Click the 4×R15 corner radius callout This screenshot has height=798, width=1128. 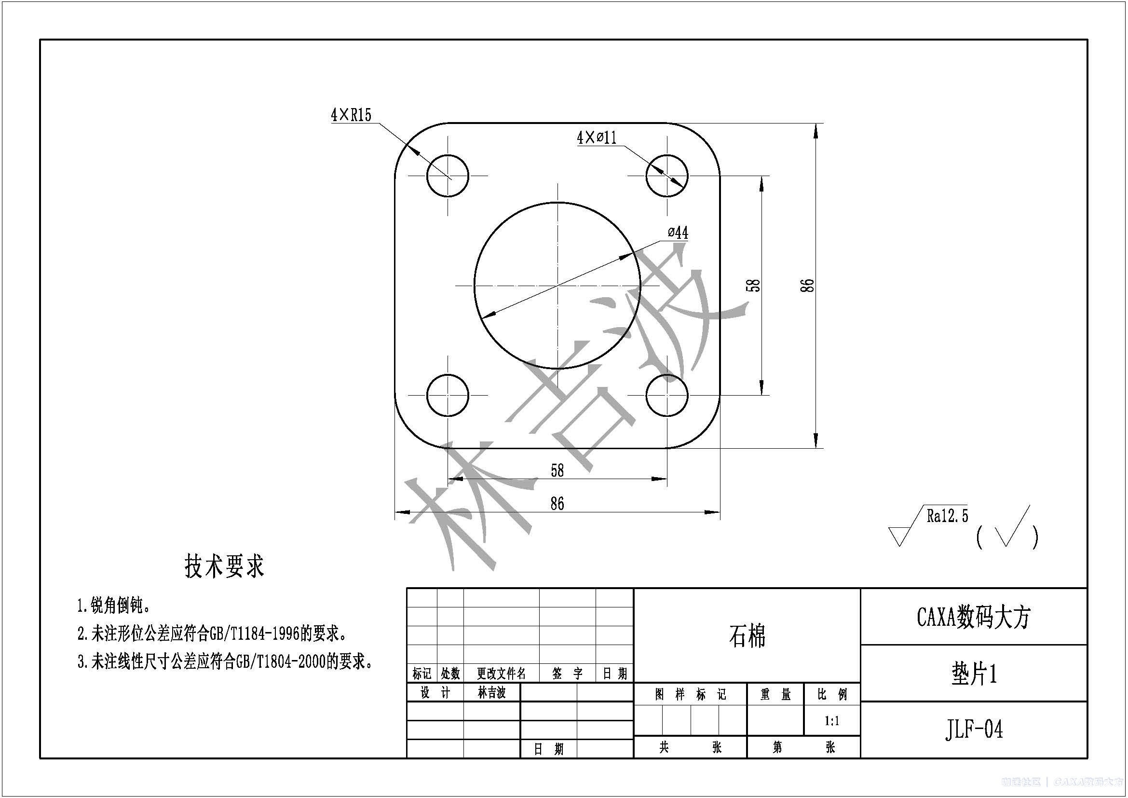click(351, 115)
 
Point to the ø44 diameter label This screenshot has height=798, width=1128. click(678, 233)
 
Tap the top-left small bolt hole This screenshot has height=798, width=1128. click(448, 176)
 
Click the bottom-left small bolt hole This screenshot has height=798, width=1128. click(448, 395)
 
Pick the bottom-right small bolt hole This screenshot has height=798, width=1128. click(666, 395)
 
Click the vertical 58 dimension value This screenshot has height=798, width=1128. click(753, 286)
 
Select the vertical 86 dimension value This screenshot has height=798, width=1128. click(807, 286)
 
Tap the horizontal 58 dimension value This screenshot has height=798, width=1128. click(557, 471)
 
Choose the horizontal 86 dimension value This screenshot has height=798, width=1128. click(557, 504)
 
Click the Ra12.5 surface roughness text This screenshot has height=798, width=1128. click(947, 516)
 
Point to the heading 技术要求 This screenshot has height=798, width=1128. click(224, 566)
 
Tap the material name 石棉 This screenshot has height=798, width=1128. click(747, 636)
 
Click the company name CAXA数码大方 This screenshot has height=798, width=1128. click(973, 617)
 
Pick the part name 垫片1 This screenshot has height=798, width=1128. click(973, 674)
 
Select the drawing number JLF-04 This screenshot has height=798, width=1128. click(973, 729)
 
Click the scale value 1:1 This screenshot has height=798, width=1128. click(831, 721)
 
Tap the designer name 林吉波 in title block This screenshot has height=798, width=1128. click(491, 693)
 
